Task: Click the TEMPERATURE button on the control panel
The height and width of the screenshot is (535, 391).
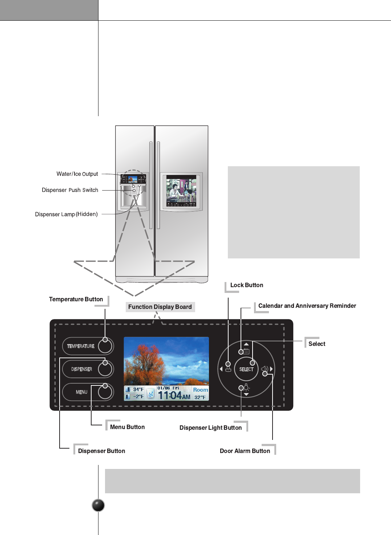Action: coord(88,346)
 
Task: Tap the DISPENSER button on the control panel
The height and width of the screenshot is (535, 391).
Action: coord(88,369)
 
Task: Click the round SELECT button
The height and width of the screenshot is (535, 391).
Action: coord(246,369)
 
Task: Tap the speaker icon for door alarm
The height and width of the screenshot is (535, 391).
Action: coord(264,369)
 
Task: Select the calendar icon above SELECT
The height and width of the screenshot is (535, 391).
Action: coord(246,351)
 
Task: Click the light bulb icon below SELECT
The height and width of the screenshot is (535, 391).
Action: coord(246,387)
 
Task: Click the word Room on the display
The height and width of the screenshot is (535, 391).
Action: coord(201,390)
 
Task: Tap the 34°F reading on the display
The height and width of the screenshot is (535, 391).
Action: coord(138,389)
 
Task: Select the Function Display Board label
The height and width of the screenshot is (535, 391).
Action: coord(160,307)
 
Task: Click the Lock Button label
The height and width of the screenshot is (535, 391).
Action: coord(246,285)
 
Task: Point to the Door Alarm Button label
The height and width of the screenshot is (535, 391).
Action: coord(245,451)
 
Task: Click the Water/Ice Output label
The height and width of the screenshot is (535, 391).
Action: coord(77,174)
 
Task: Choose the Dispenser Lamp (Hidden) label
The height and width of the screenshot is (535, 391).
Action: coord(66,214)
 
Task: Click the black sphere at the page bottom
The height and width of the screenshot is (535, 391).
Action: coord(98,505)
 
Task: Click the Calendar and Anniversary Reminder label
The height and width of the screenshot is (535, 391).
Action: coord(307,306)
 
